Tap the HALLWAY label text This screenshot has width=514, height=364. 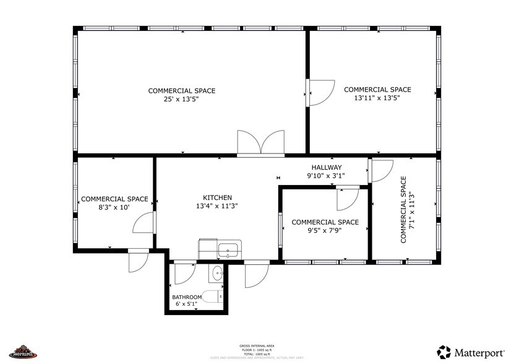pyautogui.click(x=327, y=167)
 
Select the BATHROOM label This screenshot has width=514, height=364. pyautogui.click(x=187, y=297)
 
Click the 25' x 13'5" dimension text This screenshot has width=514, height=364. pyautogui.click(x=181, y=99)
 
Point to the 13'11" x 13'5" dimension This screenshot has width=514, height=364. pyautogui.click(x=377, y=98)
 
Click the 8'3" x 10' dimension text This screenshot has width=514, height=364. pyautogui.click(x=114, y=207)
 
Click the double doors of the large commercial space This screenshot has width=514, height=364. pyautogui.click(x=260, y=142)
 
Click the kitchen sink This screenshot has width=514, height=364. pyautogui.click(x=228, y=250)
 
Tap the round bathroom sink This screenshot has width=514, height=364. pyautogui.click(x=217, y=272)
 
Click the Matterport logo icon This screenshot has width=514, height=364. pyautogui.click(x=445, y=351)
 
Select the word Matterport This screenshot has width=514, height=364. pyautogui.click(x=481, y=352)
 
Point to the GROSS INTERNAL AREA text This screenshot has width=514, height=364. pyautogui.click(x=257, y=345)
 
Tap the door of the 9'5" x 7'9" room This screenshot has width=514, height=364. pyautogui.click(x=348, y=198)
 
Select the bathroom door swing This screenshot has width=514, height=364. pyautogui.click(x=184, y=272)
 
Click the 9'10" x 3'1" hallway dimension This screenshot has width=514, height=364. pyautogui.click(x=327, y=176)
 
